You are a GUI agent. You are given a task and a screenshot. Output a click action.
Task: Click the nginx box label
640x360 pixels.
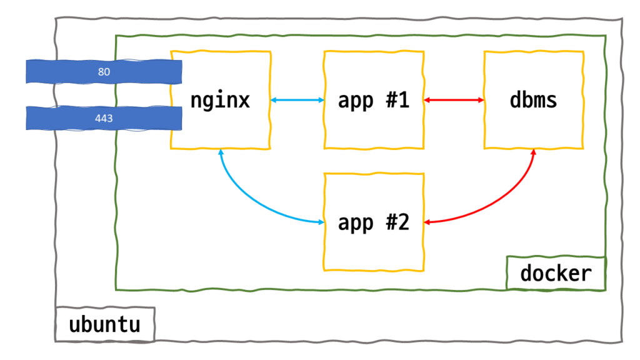pos(220,100)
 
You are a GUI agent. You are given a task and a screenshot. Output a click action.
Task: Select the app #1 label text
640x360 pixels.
pos(373,100)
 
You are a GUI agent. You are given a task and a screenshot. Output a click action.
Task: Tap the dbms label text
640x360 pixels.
pos(533,100)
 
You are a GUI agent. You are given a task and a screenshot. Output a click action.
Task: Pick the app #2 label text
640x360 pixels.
pos(373,222)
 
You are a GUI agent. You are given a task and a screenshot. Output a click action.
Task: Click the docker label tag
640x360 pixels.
pos(556,273)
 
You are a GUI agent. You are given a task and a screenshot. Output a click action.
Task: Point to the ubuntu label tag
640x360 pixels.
pos(104,324)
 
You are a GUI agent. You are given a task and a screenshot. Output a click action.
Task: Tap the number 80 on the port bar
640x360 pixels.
pos(104,72)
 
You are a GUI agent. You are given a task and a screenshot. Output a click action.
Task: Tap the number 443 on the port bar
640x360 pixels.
pos(104,117)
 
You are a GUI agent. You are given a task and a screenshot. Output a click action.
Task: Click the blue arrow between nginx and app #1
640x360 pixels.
pos(297,100)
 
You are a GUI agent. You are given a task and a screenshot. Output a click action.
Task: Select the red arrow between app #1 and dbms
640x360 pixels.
pos(454,100)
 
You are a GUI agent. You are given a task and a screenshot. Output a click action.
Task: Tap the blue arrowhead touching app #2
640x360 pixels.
pos(319,222)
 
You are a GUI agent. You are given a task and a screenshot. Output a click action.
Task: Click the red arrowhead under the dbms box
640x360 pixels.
pos(534,153)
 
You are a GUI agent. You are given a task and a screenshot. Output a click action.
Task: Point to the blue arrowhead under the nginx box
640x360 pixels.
pos(221,153)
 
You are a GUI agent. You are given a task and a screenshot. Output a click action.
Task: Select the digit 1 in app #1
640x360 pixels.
pos(403,100)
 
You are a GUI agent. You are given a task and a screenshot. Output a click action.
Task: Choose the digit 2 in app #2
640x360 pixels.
pos(403,222)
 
